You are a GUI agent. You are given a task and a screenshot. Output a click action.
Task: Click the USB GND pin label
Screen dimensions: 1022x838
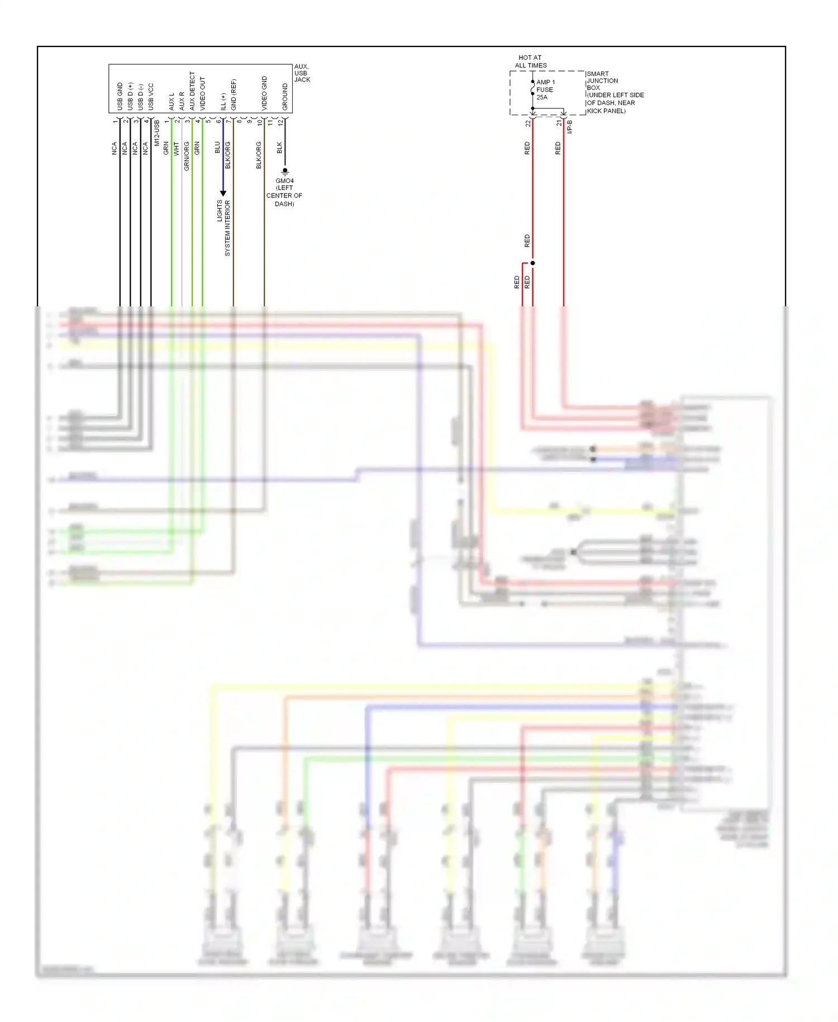(120, 96)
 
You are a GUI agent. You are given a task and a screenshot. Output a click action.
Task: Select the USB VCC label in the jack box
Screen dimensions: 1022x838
(151, 96)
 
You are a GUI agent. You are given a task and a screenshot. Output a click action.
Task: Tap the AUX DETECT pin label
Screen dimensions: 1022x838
(192, 91)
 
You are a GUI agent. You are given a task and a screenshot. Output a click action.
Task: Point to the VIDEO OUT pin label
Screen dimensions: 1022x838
(203, 93)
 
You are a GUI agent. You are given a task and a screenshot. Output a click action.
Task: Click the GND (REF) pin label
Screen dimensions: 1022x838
(234, 94)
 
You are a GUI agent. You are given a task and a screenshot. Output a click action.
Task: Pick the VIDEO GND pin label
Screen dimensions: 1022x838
(264, 93)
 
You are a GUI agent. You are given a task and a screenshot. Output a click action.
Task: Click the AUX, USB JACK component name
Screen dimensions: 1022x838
(302, 73)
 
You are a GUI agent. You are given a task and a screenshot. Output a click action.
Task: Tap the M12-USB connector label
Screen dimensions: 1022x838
(157, 133)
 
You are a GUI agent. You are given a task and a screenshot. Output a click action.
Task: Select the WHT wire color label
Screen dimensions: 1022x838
(176, 148)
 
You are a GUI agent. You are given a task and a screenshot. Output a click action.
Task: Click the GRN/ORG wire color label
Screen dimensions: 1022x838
(187, 156)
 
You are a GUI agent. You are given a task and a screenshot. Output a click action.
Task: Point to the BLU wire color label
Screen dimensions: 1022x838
(217, 148)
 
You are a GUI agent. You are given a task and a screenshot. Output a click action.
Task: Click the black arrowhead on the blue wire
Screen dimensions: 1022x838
(223, 193)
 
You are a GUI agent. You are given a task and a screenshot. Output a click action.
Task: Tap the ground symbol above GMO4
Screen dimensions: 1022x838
(285, 171)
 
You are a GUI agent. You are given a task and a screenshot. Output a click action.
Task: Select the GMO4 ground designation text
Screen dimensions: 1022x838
(284, 181)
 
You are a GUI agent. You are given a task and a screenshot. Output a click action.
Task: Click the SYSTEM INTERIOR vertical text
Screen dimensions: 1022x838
(227, 228)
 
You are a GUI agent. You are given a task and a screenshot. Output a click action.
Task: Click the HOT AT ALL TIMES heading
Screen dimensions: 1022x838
(530, 61)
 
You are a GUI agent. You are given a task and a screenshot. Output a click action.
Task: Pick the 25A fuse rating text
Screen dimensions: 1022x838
(542, 97)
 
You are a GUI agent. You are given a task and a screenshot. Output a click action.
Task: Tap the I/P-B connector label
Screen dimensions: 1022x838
(570, 127)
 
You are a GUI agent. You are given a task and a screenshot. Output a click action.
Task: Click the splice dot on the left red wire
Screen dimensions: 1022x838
(532, 263)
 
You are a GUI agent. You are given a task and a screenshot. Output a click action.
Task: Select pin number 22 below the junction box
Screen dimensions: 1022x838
(527, 124)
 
